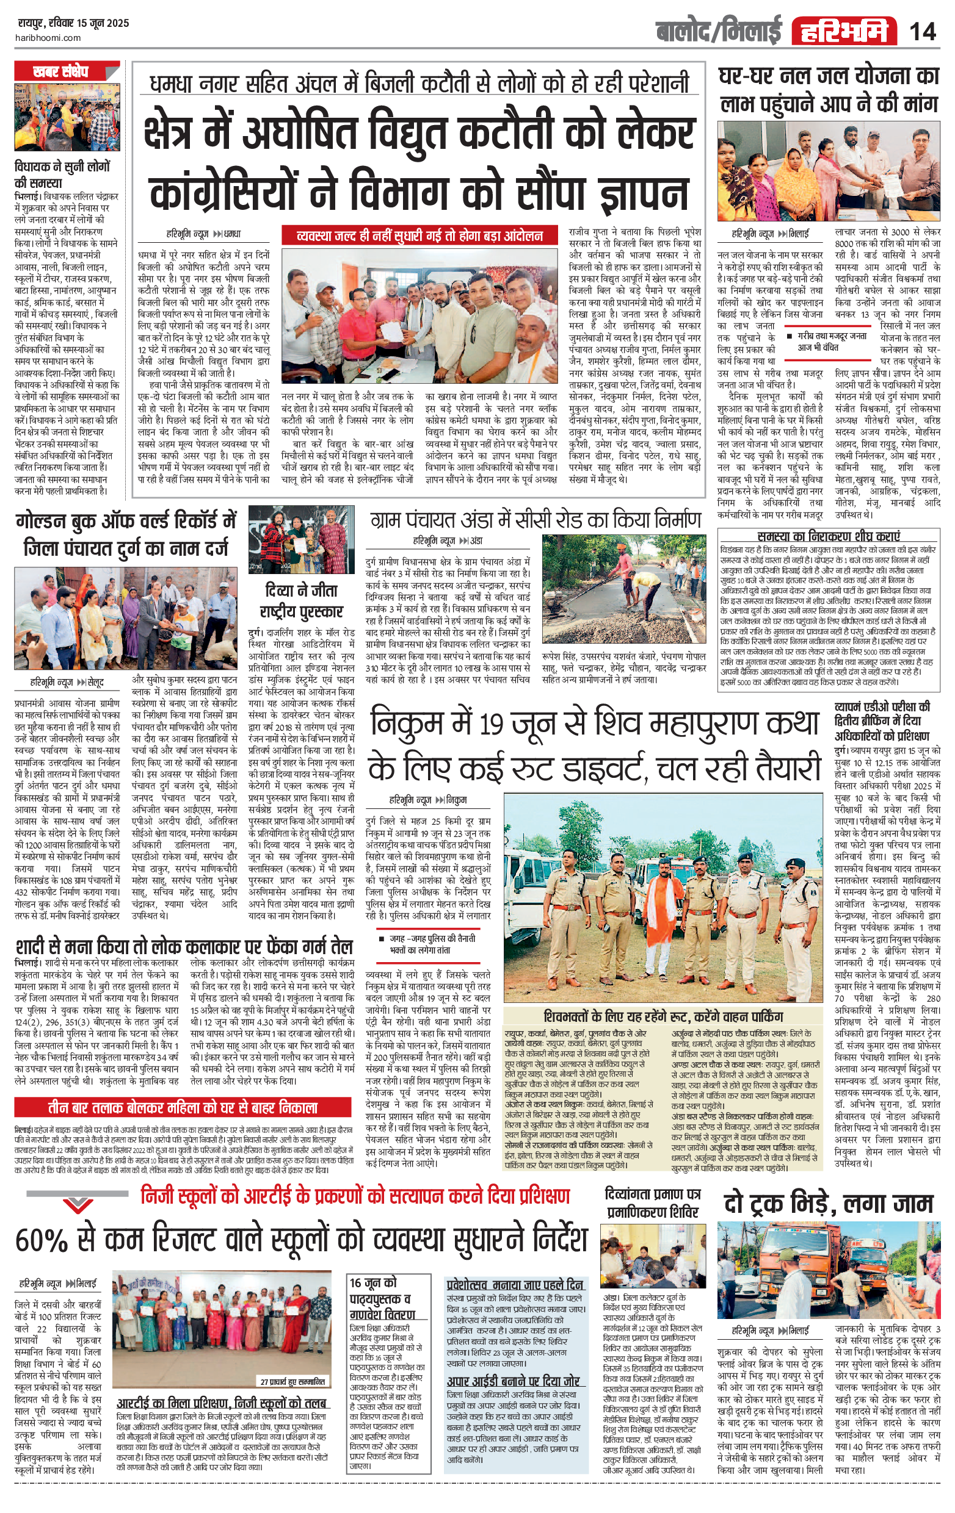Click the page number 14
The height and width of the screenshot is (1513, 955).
click(x=922, y=31)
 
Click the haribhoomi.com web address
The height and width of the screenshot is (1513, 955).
click(x=48, y=38)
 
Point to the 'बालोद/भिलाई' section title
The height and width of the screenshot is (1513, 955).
click(x=718, y=31)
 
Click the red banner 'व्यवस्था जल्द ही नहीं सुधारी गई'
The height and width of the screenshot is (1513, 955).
click(x=419, y=236)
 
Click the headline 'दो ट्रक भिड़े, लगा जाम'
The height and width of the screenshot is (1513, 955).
click(x=829, y=1202)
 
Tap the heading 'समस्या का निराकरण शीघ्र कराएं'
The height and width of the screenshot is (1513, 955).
click(x=829, y=536)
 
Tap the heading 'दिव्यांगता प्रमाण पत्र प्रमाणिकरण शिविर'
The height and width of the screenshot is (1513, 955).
click(x=652, y=1202)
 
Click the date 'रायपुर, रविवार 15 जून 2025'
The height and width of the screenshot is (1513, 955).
click(x=73, y=23)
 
